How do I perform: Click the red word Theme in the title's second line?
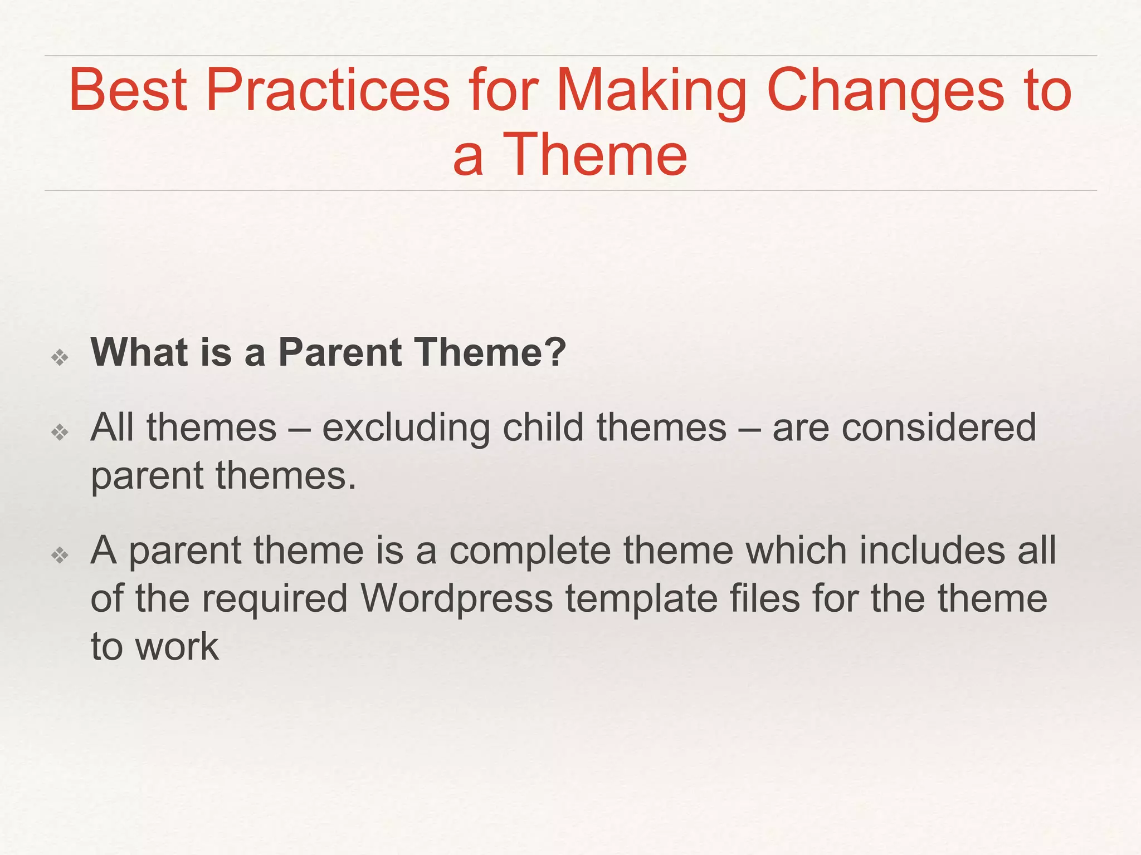(594, 155)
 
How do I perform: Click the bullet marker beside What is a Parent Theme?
(60, 357)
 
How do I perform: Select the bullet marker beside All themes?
(60, 432)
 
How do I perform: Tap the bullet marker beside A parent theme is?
(60, 554)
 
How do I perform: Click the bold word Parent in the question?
(340, 353)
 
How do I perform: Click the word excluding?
(406, 428)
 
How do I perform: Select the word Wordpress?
(456, 599)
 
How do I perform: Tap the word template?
(641, 599)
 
